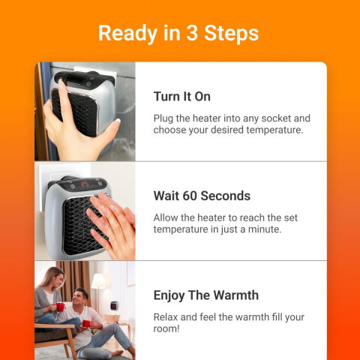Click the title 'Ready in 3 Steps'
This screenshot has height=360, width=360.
(178, 33)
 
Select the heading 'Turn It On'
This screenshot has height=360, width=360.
(181, 97)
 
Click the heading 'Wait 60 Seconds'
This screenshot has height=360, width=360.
(201, 196)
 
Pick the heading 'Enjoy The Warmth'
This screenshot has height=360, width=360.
(205, 295)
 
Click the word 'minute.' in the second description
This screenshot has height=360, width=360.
(262, 229)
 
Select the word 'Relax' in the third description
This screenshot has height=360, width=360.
(166, 316)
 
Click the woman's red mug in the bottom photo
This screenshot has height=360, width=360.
(60, 307)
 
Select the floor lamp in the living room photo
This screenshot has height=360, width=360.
(98, 286)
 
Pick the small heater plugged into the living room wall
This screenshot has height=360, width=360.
(113, 307)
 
